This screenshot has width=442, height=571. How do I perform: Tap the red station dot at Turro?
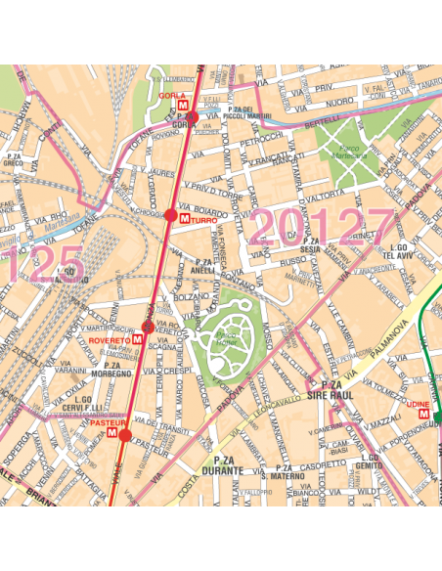point(171,215)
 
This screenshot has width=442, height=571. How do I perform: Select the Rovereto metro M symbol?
point(138,339)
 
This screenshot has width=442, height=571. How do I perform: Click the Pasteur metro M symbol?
point(113,431)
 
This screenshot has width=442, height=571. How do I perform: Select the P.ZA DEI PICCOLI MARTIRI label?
point(241,111)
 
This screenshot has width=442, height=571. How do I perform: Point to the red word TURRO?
point(202,222)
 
